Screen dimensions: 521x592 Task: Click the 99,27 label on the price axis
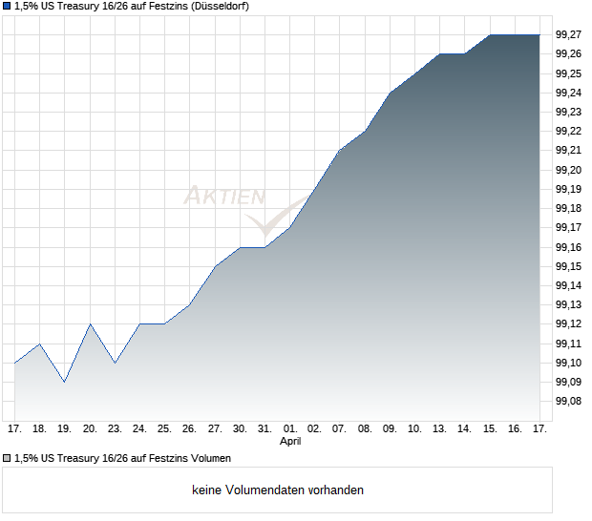point(568,34)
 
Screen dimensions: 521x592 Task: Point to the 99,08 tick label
point(568,402)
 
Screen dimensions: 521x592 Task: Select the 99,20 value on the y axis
point(568,170)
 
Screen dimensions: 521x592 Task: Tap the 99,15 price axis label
point(568,266)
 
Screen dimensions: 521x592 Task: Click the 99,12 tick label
point(568,324)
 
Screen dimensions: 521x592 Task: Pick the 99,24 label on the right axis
point(568,93)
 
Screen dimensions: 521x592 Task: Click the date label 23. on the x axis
point(115,429)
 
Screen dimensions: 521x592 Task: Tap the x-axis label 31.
point(265,429)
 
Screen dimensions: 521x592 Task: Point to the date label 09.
point(391,429)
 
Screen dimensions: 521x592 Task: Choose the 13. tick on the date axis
point(440,429)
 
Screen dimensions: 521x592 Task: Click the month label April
point(290,442)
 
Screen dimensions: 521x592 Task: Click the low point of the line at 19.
point(65,382)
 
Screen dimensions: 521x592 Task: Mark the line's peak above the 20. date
point(90,323)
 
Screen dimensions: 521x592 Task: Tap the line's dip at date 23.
point(115,363)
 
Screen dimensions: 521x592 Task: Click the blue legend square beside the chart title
point(8,7)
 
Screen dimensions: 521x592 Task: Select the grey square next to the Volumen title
point(8,459)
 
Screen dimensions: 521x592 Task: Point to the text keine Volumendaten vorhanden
point(278,490)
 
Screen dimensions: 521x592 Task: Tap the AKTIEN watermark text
point(224,197)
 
